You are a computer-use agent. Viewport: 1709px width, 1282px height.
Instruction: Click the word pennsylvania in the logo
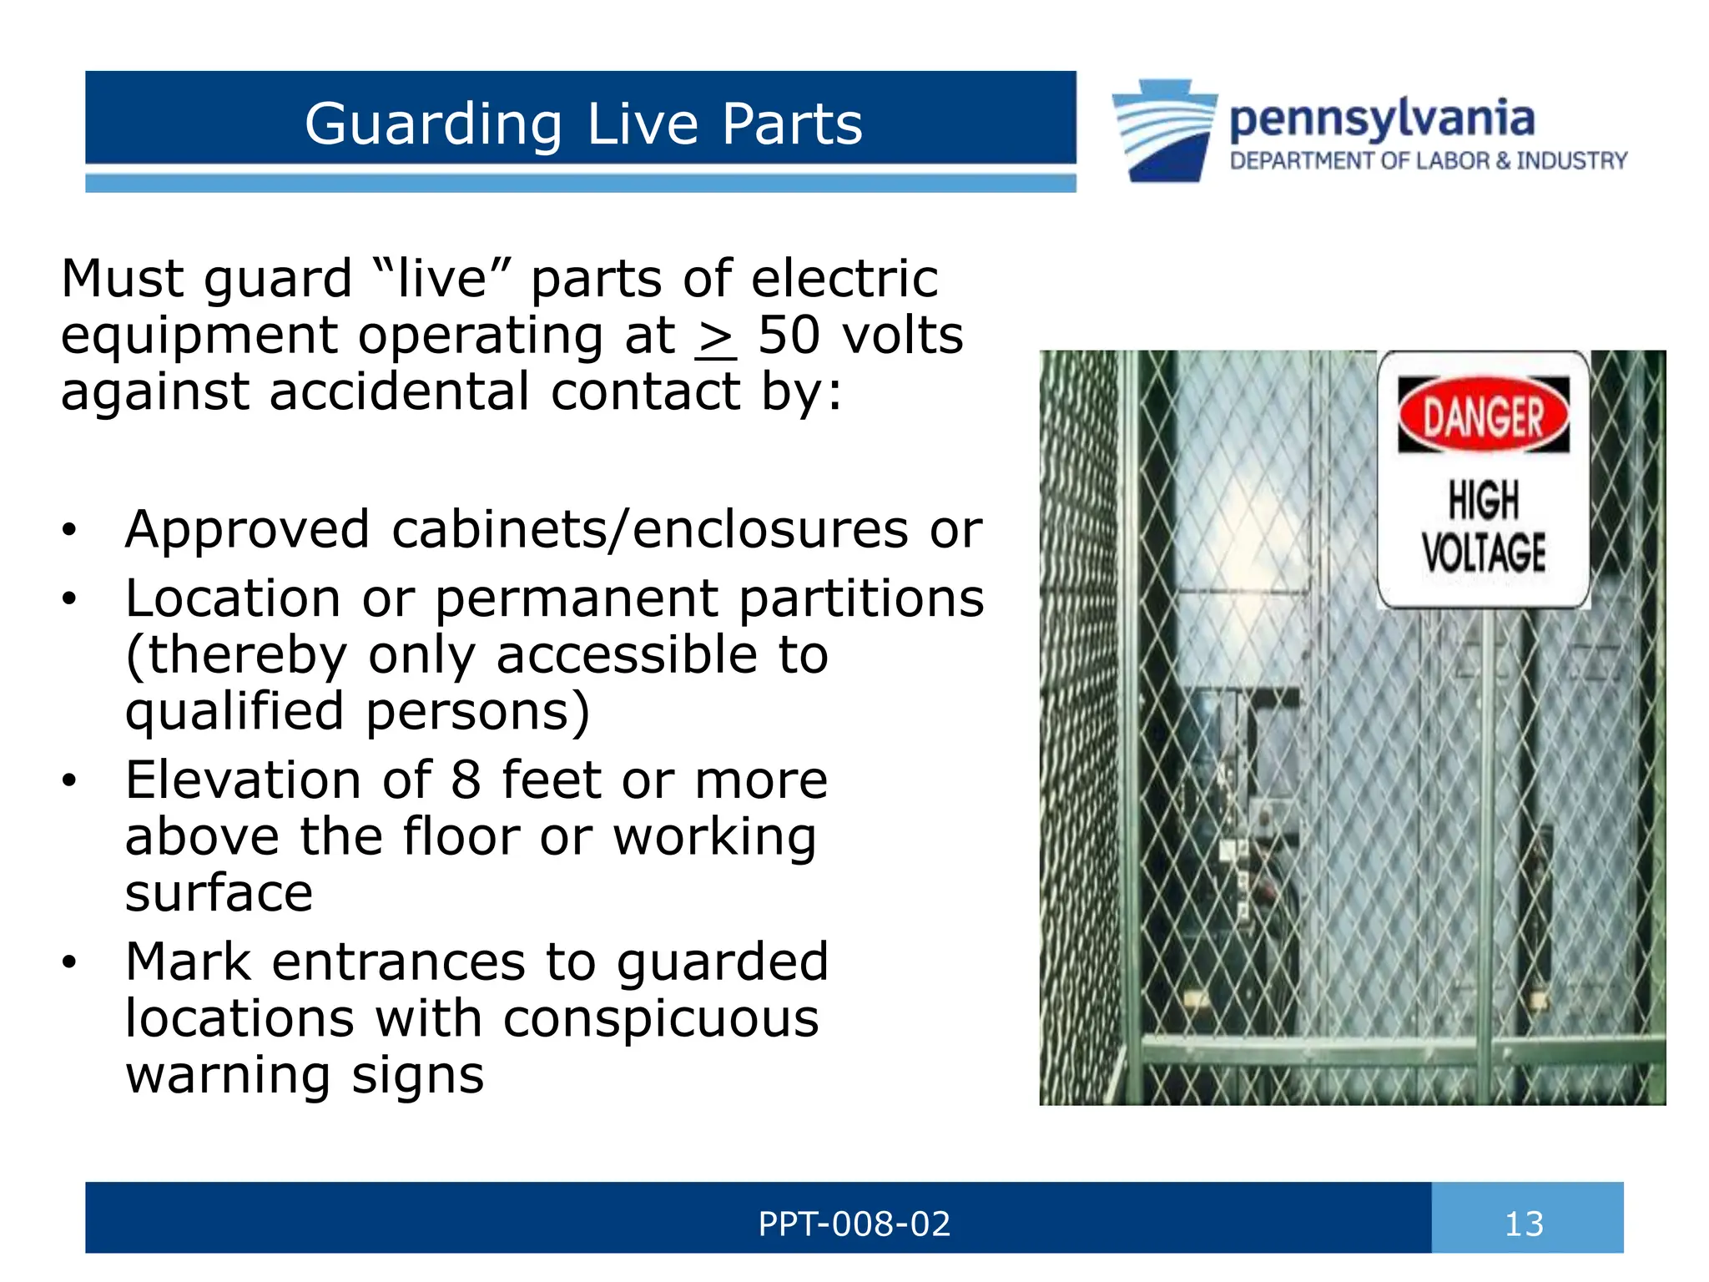pyautogui.click(x=1382, y=119)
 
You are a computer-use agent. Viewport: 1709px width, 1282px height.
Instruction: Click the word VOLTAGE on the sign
pyautogui.click(x=1484, y=552)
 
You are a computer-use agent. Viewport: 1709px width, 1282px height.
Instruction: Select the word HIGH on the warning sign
pyautogui.click(x=1484, y=501)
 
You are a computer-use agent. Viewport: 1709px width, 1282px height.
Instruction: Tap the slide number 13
pyautogui.click(x=1524, y=1224)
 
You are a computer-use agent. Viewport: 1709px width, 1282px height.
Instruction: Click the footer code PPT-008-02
pyautogui.click(x=854, y=1224)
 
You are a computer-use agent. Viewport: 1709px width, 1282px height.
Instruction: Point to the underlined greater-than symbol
pyautogui.click(x=715, y=338)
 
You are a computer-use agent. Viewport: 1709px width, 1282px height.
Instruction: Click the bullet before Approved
pyautogui.click(x=69, y=530)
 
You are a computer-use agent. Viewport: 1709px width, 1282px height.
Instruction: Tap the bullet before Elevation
pyautogui.click(x=69, y=780)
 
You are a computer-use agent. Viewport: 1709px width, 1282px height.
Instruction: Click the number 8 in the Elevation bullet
pyautogui.click(x=466, y=780)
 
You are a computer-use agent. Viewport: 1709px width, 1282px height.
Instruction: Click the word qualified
pyautogui.click(x=234, y=711)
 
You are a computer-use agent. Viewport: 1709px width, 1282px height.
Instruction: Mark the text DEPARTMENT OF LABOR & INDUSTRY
pyautogui.click(x=1429, y=161)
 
